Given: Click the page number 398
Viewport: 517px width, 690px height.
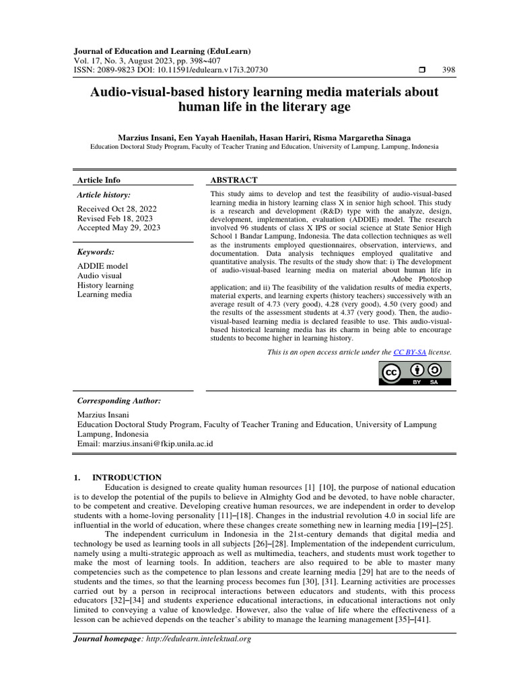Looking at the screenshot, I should (x=448, y=70).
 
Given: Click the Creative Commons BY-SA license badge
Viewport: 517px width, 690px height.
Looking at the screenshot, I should (x=416, y=373).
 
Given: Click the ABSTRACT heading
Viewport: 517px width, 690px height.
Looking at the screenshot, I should (x=234, y=180).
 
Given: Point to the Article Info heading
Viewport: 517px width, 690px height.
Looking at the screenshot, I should (x=99, y=180).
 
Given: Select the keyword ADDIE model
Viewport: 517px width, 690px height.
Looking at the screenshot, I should (x=102, y=266).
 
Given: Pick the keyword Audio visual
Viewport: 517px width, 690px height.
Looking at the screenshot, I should (x=100, y=276).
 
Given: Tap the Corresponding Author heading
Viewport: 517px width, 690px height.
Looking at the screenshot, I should (x=119, y=400).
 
